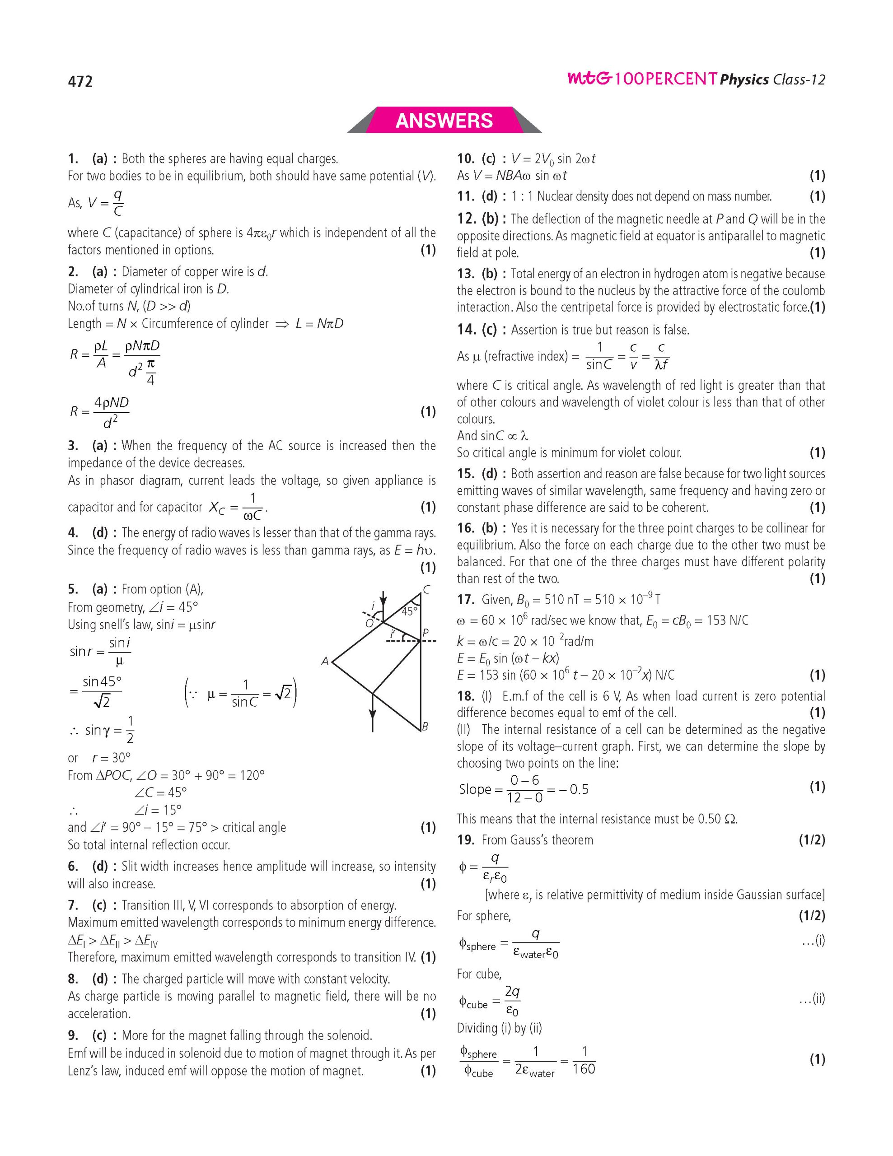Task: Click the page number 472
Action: point(80,82)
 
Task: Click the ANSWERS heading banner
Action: point(444,120)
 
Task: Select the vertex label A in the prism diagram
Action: point(325,661)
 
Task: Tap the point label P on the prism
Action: point(425,633)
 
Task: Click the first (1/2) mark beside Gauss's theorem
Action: point(812,839)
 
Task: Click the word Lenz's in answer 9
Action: point(83,1071)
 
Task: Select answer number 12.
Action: point(466,219)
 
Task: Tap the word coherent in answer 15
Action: point(686,508)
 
